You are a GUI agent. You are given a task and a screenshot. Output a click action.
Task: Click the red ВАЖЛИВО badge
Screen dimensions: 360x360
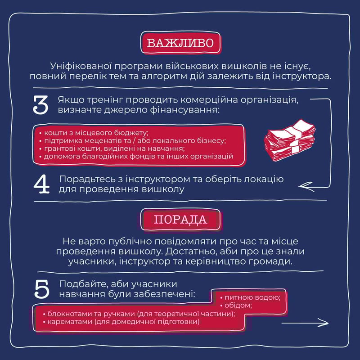(180, 43)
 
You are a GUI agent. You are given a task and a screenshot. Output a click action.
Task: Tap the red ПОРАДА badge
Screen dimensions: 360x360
(181, 220)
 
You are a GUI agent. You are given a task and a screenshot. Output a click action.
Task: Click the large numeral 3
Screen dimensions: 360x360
(40, 105)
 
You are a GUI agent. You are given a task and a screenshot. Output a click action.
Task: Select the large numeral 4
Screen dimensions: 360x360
(41, 184)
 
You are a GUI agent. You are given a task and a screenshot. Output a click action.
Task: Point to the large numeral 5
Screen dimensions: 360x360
(41, 289)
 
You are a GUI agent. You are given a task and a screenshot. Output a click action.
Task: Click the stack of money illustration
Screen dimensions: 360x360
(290, 140)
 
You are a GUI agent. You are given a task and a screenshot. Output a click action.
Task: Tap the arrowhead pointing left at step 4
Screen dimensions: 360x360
(306, 186)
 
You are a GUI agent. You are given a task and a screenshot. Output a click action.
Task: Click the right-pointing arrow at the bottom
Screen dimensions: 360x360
(305, 323)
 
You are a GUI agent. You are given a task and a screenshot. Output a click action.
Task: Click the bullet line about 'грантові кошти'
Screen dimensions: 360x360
(112, 148)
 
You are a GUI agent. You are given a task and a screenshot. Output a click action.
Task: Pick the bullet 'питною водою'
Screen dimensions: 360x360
(250, 297)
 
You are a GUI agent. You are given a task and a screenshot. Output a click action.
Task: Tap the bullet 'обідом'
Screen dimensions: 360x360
(236, 306)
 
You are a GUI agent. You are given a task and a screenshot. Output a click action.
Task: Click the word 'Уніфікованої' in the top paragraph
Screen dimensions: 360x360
(81, 66)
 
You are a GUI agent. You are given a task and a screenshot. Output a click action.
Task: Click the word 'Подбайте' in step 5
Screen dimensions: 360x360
(84, 284)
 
